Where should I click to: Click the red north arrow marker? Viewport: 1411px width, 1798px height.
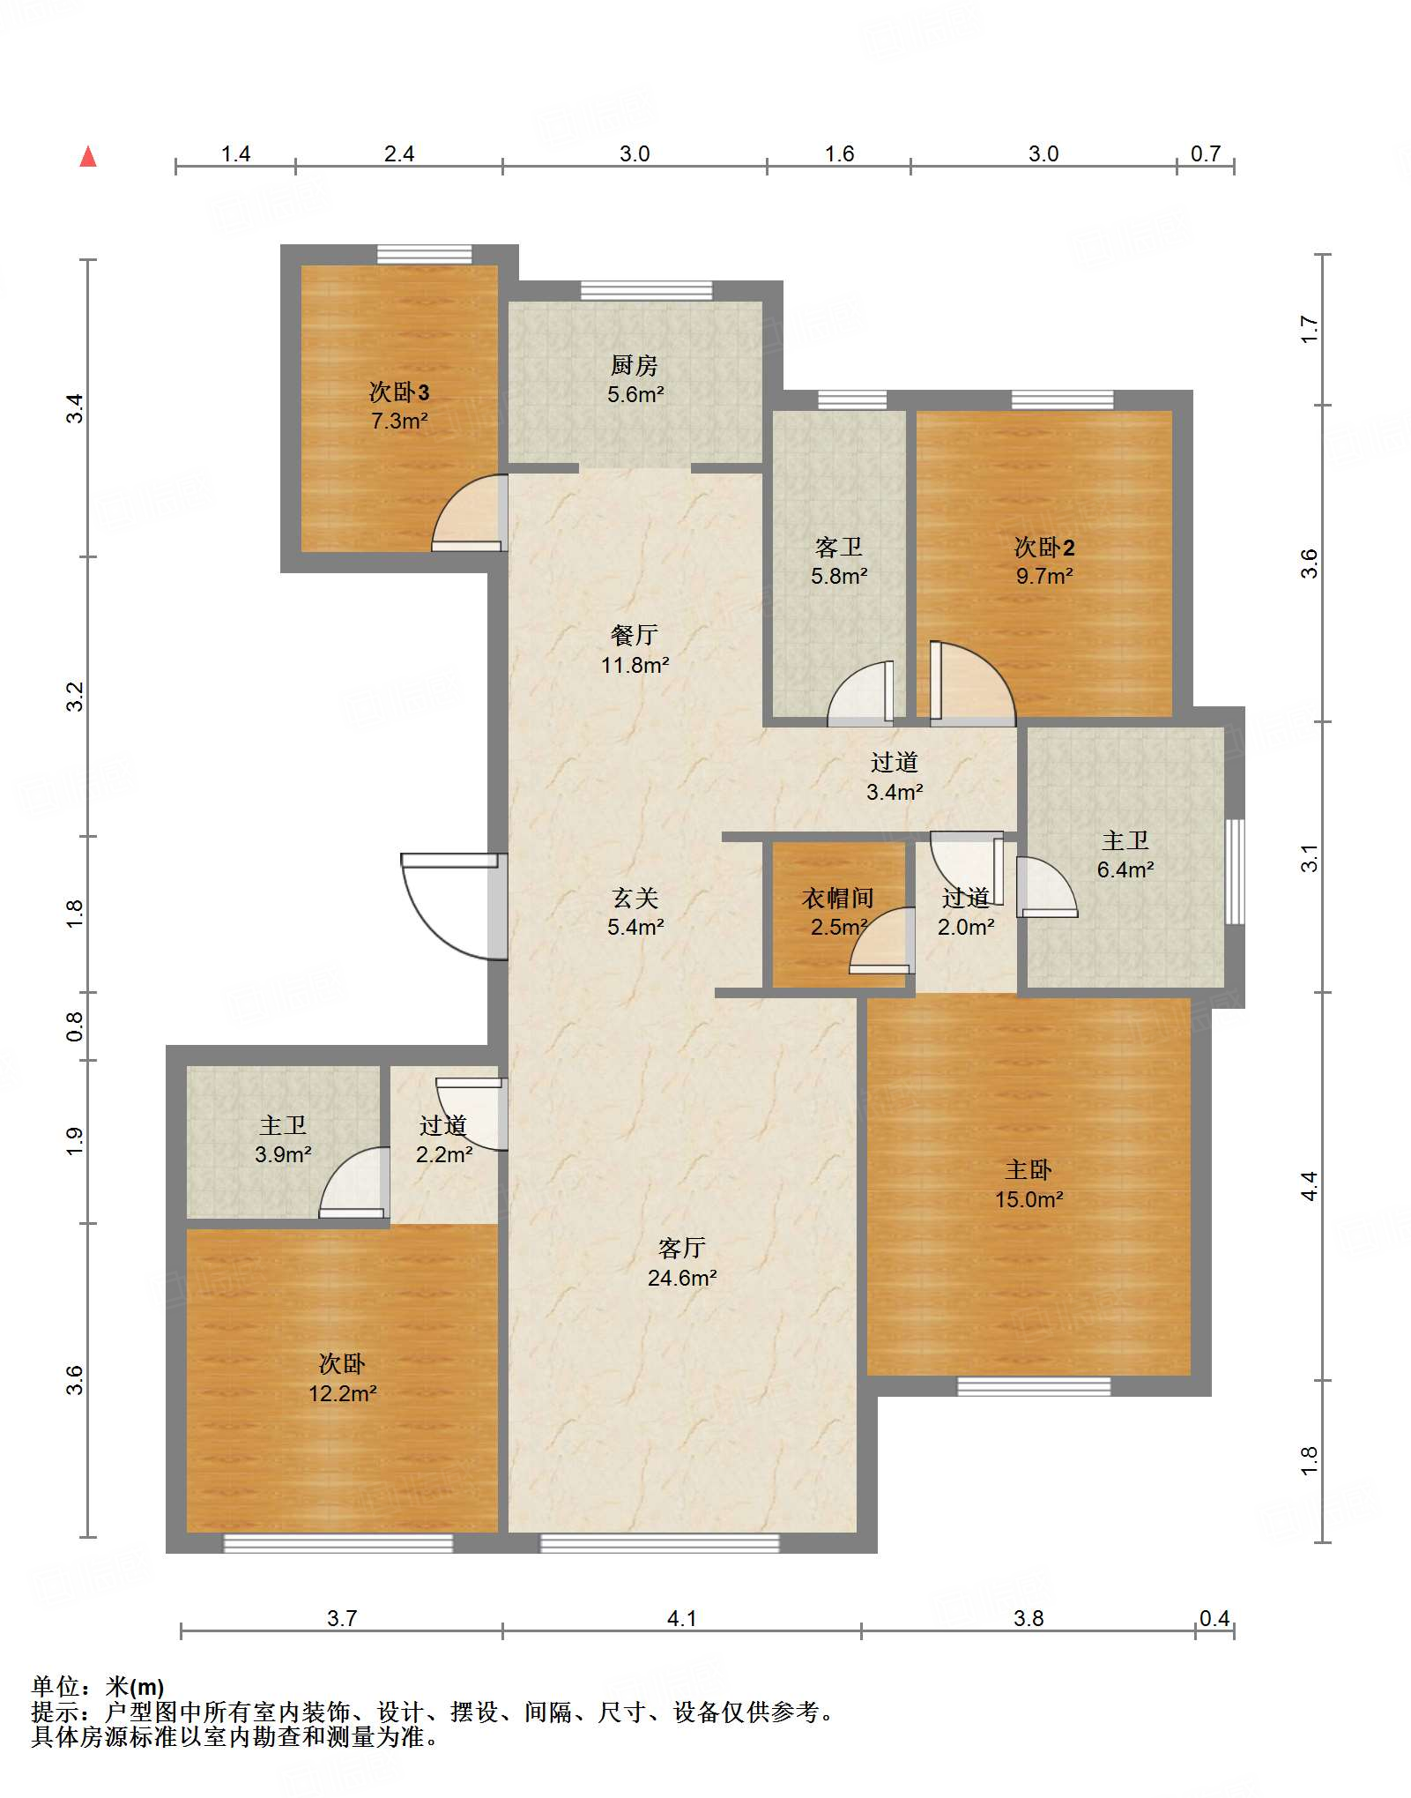(x=88, y=157)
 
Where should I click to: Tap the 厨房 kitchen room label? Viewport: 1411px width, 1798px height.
(x=635, y=365)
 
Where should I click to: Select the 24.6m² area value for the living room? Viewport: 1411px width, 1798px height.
(x=682, y=1278)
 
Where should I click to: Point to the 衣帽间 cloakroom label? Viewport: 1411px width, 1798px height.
(x=838, y=898)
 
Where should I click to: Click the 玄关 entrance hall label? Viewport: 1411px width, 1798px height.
(x=635, y=898)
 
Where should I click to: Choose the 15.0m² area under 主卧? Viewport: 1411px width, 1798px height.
(x=1029, y=1199)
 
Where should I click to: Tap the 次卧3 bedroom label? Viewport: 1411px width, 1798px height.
(x=399, y=392)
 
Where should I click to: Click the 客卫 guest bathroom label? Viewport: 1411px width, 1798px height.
(x=839, y=547)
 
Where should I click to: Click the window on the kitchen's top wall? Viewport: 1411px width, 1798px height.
(x=646, y=290)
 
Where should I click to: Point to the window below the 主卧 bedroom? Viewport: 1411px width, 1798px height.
(x=1034, y=1386)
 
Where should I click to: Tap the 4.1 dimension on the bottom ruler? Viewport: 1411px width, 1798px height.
(x=682, y=1618)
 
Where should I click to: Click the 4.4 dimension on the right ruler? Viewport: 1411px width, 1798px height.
(x=1310, y=1186)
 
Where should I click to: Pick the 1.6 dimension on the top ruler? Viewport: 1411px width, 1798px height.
(x=840, y=153)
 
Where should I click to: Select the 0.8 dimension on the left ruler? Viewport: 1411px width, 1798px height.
(x=75, y=1026)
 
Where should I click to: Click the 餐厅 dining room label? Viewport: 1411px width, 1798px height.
(x=635, y=635)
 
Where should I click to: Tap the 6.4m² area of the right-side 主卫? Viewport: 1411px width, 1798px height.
(x=1125, y=869)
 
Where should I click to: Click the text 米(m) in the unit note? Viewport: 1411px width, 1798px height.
(x=135, y=1687)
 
